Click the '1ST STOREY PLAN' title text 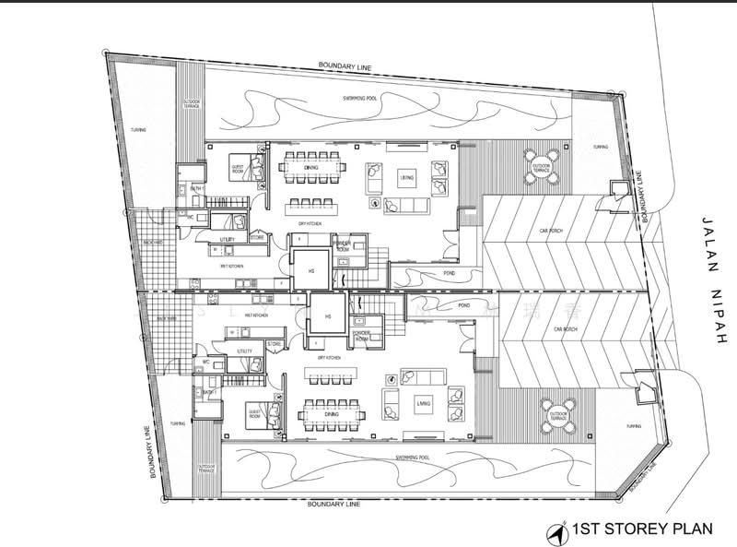click(633, 529)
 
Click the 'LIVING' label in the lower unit click(423, 403)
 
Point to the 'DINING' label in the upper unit click(311, 168)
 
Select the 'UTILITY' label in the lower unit click(244, 351)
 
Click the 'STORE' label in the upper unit click(257, 237)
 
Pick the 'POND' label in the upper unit click(449, 273)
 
